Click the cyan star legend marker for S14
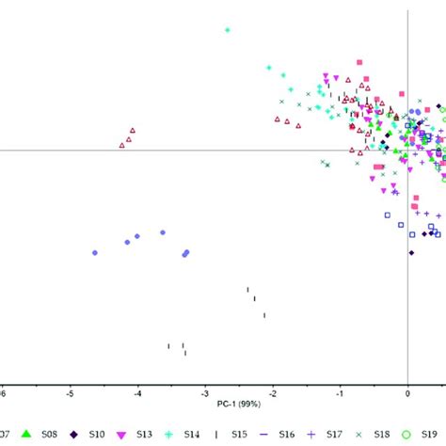point(167,435)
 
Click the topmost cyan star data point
point(228,30)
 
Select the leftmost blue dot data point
point(95,252)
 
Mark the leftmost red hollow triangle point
point(122,145)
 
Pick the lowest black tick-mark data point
point(185,353)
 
